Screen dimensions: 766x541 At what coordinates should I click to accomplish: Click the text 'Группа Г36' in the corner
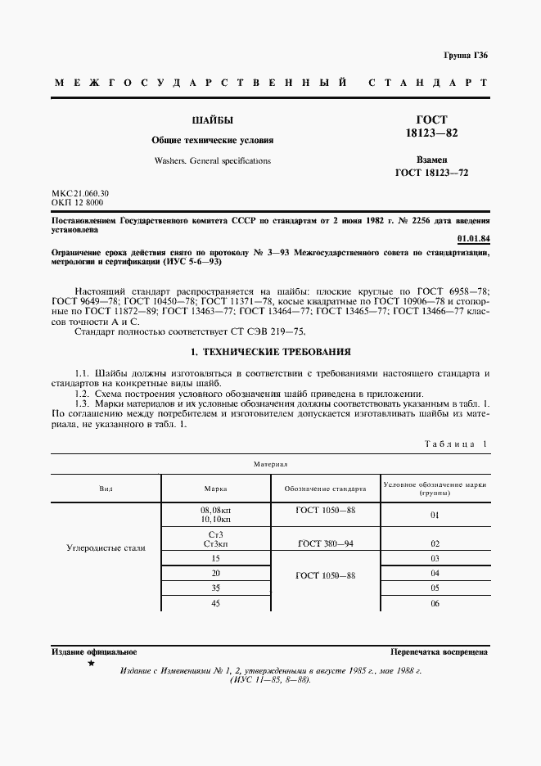[465, 55]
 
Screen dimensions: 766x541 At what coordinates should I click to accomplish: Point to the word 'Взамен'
[431, 160]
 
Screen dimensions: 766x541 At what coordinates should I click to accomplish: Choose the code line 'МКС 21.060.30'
[80, 193]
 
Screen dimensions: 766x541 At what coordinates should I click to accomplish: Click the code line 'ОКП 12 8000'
[77, 202]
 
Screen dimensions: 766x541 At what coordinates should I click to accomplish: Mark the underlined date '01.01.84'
[472, 238]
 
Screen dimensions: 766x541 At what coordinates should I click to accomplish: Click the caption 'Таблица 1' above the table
[455, 444]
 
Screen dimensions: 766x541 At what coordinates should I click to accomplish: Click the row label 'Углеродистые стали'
[106, 547]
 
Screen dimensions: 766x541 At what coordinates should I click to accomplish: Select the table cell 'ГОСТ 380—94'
[325, 543]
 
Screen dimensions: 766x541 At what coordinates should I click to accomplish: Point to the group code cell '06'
[435, 603]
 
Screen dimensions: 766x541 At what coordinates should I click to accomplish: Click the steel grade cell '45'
[215, 603]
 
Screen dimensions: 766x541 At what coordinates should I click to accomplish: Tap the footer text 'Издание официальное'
[94, 652]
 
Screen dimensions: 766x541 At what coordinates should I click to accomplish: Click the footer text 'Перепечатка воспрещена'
[440, 652]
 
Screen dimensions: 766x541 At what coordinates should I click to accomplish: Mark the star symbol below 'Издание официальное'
[90, 664]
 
